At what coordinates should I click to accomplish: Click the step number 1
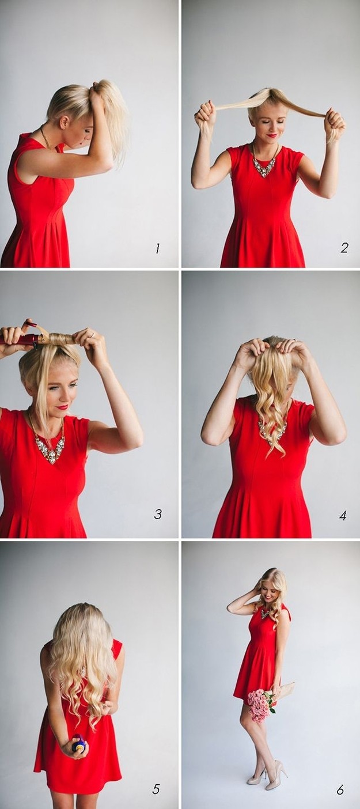coord(157,248)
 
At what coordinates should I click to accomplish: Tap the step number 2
coord(344,248)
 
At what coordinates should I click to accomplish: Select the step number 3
coord(157,513)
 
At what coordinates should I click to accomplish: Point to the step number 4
coord(343,515)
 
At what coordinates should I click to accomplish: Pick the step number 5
coord(156,789)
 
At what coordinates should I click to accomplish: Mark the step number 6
coord(340,789)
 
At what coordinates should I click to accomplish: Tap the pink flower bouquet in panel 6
coord(260,704)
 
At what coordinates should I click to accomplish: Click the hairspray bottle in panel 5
coord(79,744)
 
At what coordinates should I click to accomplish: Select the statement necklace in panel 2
coord(264,165)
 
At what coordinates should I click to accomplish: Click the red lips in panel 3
coord(62,407)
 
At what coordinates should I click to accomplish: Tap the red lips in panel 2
coord(272,135)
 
